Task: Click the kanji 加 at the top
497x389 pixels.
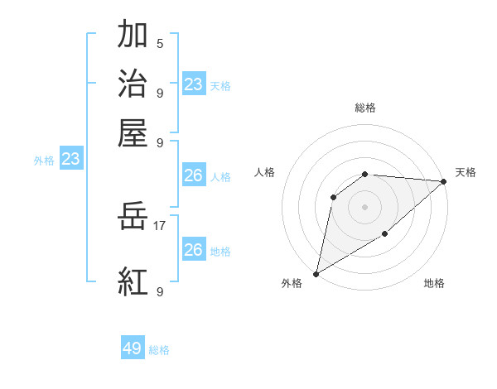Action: click(133, 35)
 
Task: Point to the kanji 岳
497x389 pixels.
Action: click(133, 218)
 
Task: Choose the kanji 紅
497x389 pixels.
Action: click(133, 281)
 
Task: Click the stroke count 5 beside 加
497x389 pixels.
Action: click(160, 44)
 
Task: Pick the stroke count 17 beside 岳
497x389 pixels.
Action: click(161, 224)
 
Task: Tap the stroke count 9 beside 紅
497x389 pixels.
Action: click(160, 291)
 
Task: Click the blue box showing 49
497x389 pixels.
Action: click(133, 348)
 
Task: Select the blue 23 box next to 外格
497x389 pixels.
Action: click(70, 159)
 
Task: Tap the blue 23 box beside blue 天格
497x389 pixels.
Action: click(194, 84)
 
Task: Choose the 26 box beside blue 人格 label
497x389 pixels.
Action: click(193, 175)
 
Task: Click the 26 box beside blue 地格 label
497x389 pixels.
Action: click(193, 250)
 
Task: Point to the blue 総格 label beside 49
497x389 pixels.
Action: click(159, 350)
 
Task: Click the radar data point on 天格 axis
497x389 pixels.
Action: click(444, 181)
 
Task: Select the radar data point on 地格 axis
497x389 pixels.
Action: click(385, 235)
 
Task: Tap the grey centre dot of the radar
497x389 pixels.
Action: click(364, 206)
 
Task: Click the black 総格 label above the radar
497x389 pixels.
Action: click(365, 108)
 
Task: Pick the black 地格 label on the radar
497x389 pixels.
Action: click(434, 283)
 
